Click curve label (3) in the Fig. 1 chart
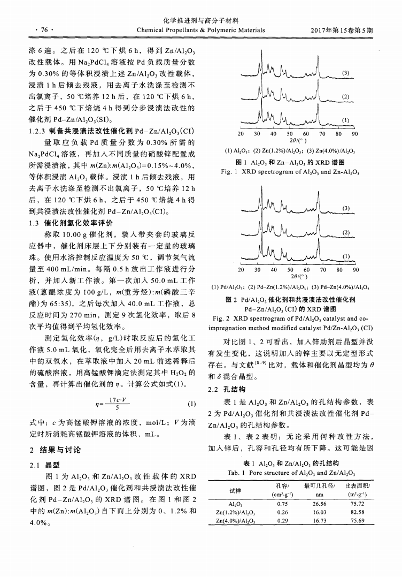click(x=345, y=72)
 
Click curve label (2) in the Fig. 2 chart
click(x=345, y=232)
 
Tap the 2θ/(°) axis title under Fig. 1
click(x=296, y=140)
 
